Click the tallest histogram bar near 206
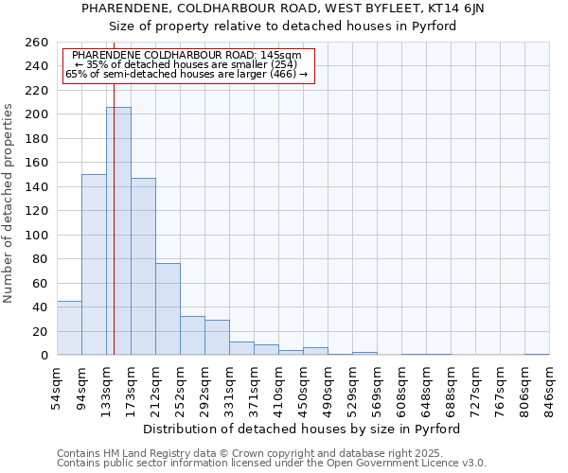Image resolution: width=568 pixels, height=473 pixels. point(118,231)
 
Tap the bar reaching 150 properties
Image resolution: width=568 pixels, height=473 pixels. point(94,265)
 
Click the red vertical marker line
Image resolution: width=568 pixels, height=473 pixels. point(114,218)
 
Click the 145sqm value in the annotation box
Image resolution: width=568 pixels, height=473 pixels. point(281,55)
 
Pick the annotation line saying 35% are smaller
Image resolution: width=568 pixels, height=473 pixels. point(186,64)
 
